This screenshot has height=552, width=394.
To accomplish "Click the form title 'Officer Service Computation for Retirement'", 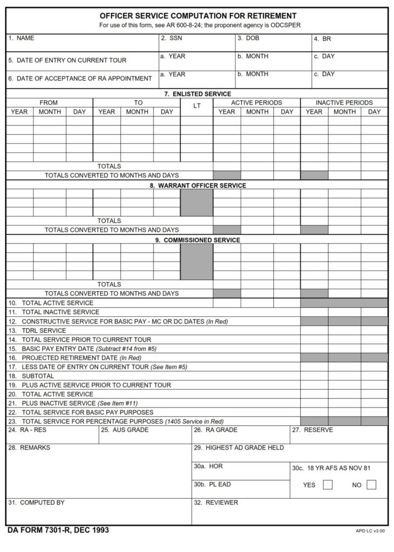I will coord(198,16).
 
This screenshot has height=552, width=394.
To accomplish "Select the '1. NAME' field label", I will coord(21,38).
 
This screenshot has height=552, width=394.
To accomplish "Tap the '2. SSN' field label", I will coord(171,38).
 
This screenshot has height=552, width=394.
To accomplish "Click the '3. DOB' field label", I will coord(248,38).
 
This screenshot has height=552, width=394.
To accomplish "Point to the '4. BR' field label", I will coord(323,39).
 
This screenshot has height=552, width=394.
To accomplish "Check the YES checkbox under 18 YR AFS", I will coord(328,485).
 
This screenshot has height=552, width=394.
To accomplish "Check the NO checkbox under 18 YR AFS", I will coord(371,485).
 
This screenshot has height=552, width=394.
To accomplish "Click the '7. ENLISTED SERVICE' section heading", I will coord(198,94).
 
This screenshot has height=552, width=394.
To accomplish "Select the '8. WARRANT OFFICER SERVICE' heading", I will coord(198,185).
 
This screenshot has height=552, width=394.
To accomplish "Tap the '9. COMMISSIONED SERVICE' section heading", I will coord(198,240).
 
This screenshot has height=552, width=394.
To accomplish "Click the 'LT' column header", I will coord(196,106).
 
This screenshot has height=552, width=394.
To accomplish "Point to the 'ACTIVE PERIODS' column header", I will coord(256,102).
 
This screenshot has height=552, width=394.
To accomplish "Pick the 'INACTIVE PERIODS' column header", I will coord(344,102).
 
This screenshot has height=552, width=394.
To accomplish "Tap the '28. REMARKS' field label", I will coord(29,448).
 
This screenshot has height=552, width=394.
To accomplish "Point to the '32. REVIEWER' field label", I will coord(216,502).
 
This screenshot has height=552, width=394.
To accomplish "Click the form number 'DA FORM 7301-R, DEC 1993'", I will coord(58,530).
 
